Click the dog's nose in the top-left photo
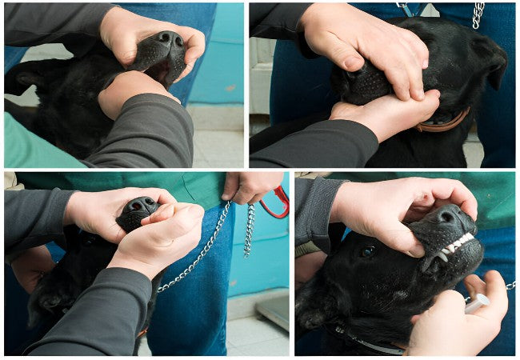point(169,39)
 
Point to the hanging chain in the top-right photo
point(478,14)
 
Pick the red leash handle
point(276,204)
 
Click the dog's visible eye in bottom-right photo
point(367,251)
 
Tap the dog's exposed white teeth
point(456,243)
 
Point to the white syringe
point(476,302)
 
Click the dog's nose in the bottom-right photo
point(449,216)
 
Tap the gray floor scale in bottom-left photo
point(272,308)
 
